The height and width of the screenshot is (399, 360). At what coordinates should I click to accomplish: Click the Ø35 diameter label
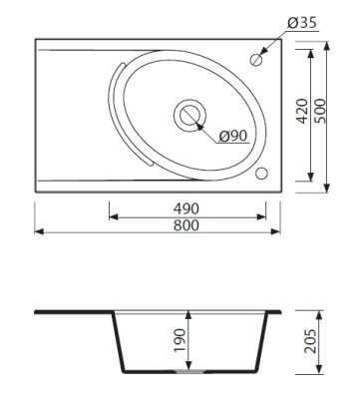[302, 23]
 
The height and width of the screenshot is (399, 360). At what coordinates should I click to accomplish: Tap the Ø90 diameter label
[233, 136]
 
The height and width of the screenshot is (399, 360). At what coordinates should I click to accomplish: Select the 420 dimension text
[302, 111]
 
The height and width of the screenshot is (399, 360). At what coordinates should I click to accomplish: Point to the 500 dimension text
[320, 111]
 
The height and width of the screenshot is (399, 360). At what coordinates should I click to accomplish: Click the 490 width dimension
[186, 208]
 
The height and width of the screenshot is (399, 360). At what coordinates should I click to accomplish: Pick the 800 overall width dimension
[186, 225]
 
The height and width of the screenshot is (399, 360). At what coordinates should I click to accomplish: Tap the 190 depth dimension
[180, 340]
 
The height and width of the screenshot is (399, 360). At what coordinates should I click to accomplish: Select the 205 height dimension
[311, 341]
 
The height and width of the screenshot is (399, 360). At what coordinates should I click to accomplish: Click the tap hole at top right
[256, 60]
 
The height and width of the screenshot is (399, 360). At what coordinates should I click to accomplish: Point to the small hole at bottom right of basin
[261, 174]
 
